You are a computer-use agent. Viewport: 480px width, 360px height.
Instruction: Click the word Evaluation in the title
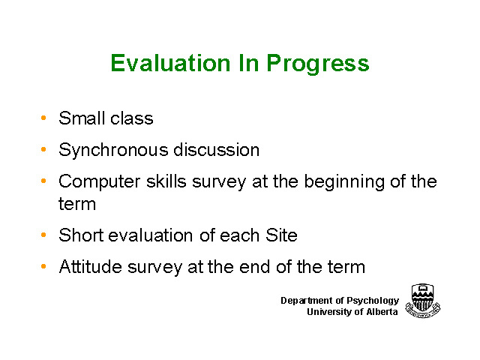click(x=170, y=63)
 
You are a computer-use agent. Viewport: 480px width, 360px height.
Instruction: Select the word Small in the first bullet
click(x=82, y=118)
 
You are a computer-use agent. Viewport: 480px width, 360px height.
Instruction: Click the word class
click(x=132, y=118)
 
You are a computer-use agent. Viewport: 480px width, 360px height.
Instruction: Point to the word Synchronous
click(x=113, y=151)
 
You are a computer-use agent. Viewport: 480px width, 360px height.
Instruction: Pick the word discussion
click(x=217, y=150)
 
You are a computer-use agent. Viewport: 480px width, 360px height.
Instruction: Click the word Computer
click(x=100, y=181)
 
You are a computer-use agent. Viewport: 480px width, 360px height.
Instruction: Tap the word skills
click(x=166, y=181)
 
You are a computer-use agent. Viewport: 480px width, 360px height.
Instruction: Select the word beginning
click(x=344, y=182)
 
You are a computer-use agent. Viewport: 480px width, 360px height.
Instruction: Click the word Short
click(x=81, y=235)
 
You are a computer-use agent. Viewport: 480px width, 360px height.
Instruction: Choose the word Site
click(x=281, y=235)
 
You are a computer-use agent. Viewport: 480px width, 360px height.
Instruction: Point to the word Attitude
click(x=90, y=266)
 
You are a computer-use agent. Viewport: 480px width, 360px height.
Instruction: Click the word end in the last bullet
click(x=255, y=266)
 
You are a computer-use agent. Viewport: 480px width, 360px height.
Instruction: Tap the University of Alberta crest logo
click(x=423, y=301)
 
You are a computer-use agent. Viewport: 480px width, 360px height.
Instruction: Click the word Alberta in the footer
click(x=382, y=312)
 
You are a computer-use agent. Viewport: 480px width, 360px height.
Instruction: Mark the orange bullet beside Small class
click(x=43, y=118)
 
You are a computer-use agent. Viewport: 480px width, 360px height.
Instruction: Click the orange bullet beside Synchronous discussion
click(x=43, y=149)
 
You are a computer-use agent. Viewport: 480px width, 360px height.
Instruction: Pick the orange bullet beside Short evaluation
click(x=43, y=235)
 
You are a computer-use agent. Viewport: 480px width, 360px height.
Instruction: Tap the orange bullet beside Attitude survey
click(x=43, y=266)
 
